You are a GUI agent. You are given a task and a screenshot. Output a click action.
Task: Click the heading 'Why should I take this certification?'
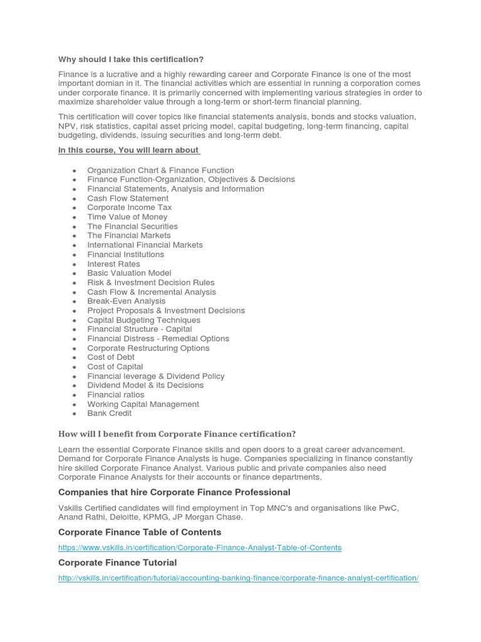[131, 60]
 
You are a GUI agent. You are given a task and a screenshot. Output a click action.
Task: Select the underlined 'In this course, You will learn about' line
[128, 150]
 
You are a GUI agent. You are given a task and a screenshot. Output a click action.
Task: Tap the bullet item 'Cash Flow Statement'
[128, 198]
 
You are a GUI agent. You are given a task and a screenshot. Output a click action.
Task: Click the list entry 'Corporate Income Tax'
[129, 208]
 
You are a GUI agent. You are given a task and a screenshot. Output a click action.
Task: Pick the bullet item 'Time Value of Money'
[127, 217]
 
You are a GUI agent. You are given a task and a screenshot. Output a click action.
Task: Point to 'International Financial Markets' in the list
[145, 245]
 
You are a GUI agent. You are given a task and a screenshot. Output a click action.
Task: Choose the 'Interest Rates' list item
[113, 264]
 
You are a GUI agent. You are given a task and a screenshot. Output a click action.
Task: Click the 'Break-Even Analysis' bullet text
[127, 301]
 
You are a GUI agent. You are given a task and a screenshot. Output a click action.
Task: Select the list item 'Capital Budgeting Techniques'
[143, 320]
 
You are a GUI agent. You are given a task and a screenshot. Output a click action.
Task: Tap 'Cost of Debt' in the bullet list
[111, 357]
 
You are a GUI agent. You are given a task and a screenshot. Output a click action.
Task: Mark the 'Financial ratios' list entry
[116, 395]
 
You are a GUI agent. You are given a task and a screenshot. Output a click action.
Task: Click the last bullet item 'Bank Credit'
[110, 414]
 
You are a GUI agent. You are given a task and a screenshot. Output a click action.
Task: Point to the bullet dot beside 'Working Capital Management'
[75, 405]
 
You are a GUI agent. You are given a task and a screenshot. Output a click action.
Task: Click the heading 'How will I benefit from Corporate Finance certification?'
[177, 434]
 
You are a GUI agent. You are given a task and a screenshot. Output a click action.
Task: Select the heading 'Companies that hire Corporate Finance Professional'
[174, 492]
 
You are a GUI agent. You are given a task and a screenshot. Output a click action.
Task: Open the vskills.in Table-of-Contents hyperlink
[200, 547]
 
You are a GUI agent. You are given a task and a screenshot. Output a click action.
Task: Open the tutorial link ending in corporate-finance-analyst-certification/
[238, 578]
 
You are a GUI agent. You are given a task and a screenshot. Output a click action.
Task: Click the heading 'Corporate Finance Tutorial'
[118, 562]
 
